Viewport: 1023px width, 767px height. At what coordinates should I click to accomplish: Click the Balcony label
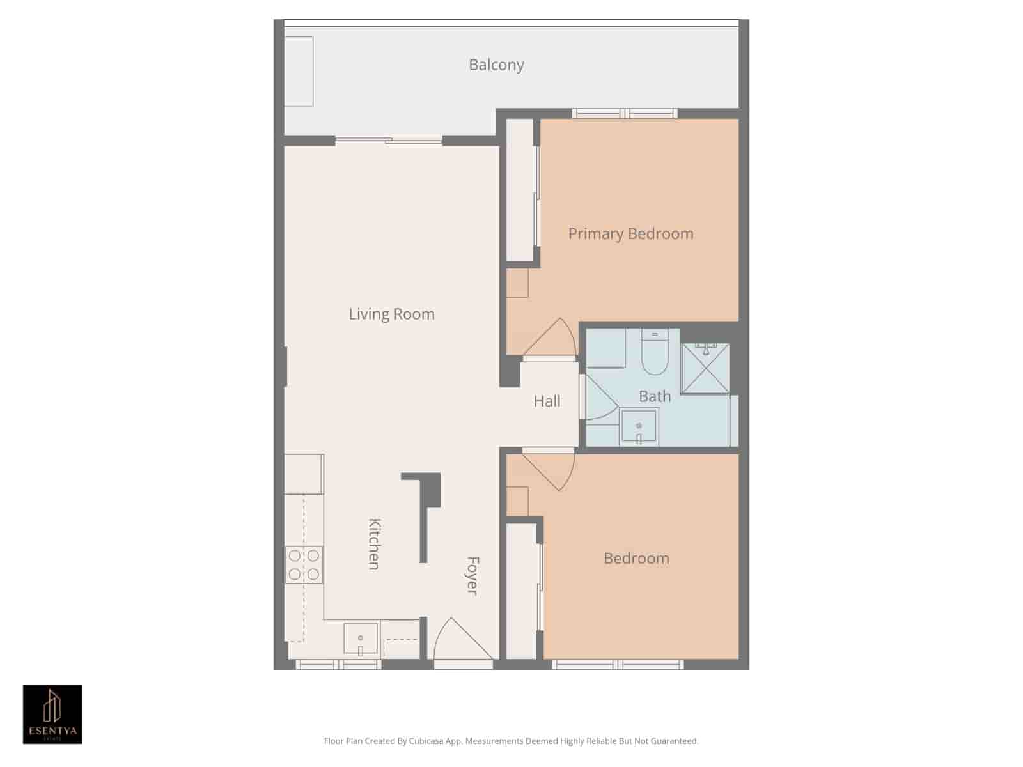496,65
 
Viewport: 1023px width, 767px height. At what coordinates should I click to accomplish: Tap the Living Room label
391,314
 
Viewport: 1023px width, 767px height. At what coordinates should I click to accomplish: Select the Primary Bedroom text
630,234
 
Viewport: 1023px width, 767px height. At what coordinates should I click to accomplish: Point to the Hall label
547,401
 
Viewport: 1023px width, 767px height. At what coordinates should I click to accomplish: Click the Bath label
655,396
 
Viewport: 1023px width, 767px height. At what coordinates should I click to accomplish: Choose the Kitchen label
375,543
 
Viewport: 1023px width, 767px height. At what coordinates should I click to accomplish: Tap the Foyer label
472,575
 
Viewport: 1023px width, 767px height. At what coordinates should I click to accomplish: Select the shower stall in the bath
705,369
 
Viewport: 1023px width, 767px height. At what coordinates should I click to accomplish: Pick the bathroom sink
639,427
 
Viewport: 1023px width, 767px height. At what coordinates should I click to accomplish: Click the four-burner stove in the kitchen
304,564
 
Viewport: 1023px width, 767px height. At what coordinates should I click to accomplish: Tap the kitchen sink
361,639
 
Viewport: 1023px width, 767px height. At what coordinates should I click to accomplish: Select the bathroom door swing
599,399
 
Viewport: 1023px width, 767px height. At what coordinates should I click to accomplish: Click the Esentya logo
52,715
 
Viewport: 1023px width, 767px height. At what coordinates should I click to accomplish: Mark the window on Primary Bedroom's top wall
625,114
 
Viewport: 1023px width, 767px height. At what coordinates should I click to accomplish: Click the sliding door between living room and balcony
389,140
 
